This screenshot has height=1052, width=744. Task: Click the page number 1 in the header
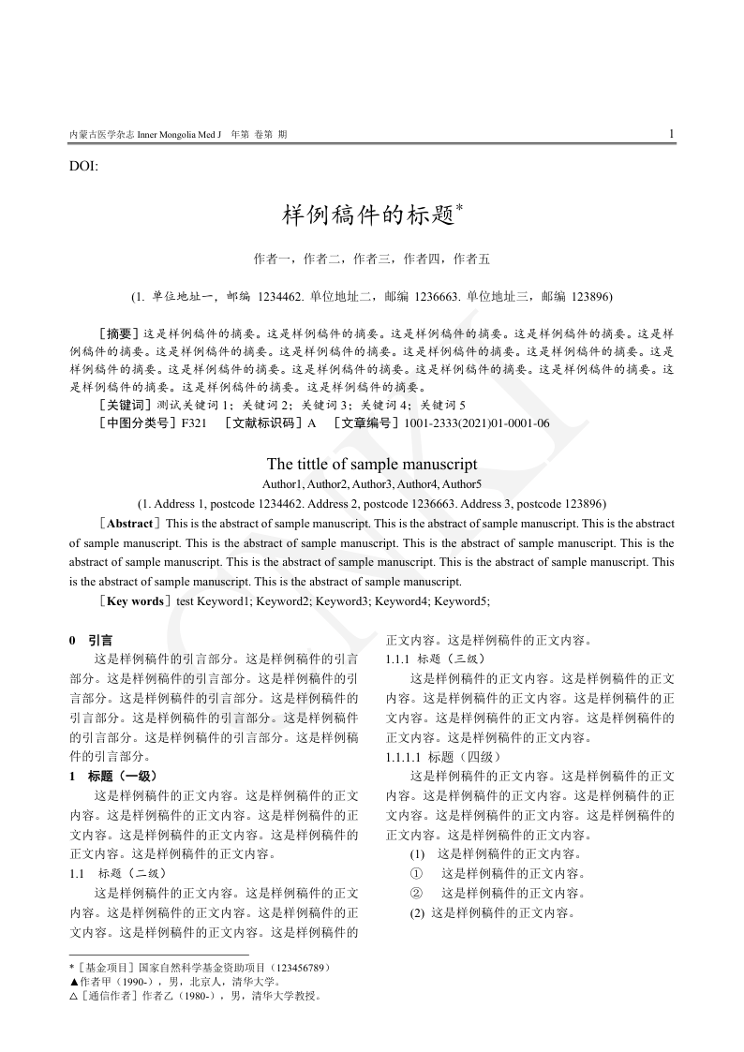pyautogui.click(x=671, y=134)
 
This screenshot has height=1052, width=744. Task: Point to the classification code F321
pyautogui.click(x=194, y=422)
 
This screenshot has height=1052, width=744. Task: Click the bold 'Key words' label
pyautogui.click(x=135, y=600)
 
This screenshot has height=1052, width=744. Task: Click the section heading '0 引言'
pyautogui.click(x=92, y=641)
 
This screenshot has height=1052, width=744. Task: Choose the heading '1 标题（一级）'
pyautogui.click(x=113, y=776)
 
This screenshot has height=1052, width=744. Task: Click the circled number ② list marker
pyautogui.click(x=417, y=892)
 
